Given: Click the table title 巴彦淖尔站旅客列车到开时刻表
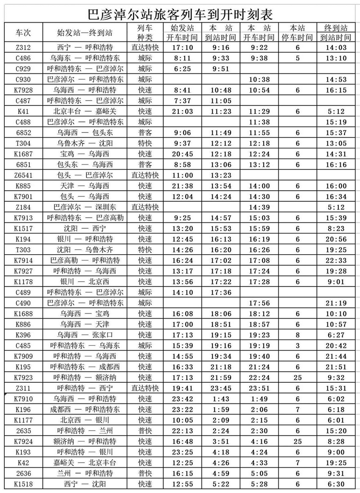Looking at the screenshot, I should point(180,12).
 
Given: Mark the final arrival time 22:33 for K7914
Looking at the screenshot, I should point(335,260).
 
